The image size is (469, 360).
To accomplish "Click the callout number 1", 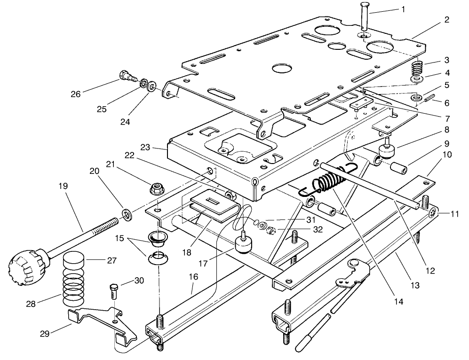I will [x=402, y=9].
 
